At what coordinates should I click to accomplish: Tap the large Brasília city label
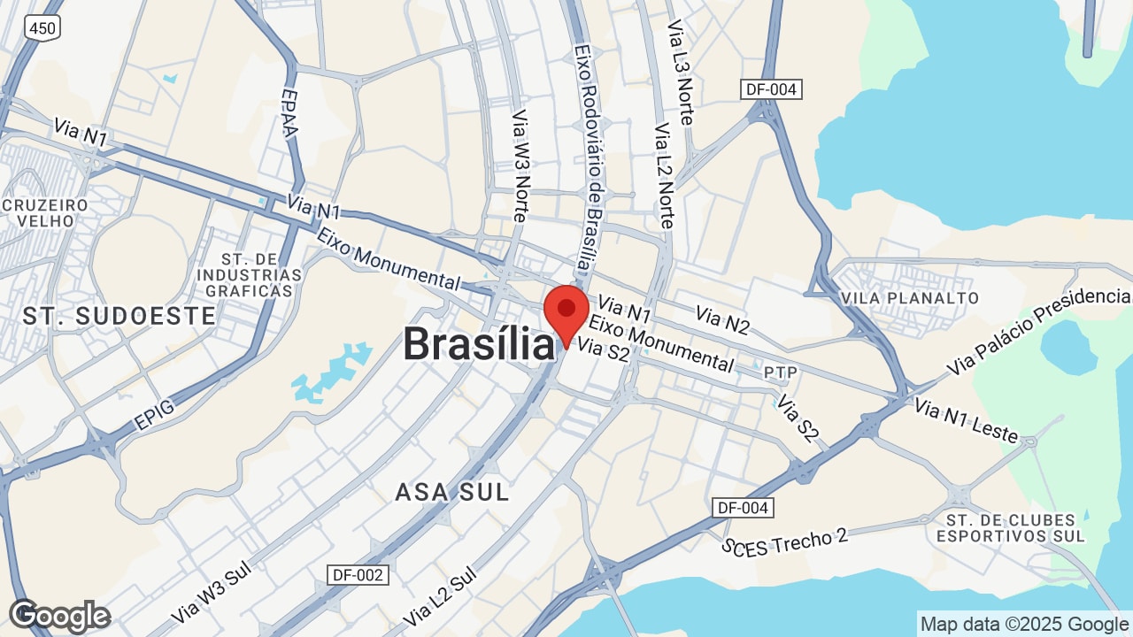[479, 344]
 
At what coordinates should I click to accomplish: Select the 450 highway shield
[42, 28]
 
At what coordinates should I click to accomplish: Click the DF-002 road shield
[358, 575]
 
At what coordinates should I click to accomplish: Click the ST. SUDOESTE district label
[119, 316]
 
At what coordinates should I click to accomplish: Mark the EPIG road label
[155, 415]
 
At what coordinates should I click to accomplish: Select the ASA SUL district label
[452, 492]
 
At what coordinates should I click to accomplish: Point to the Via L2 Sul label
[439, 596]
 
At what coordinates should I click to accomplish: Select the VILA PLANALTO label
[911, 298]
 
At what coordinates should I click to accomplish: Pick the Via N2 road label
[722, 320]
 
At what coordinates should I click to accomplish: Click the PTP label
[780, 372]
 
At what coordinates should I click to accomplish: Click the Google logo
[59, 616]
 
